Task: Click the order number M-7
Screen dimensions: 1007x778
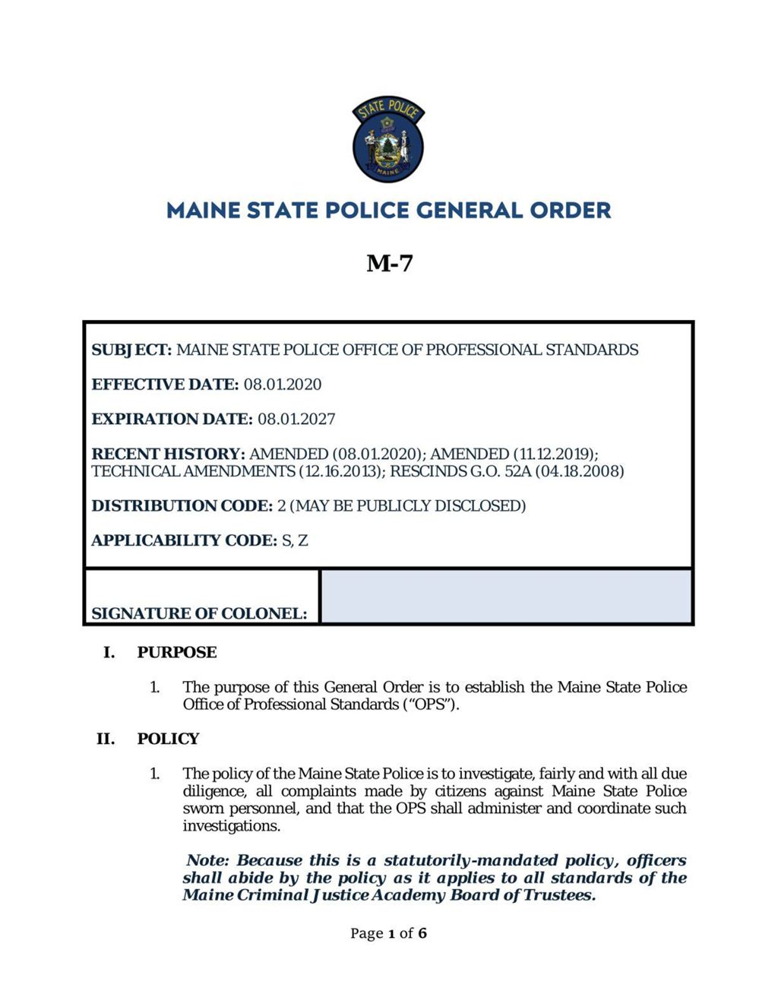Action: [389, 263]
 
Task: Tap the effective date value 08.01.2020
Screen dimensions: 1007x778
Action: [283, 385]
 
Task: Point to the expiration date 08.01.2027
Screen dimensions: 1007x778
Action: [296, 420]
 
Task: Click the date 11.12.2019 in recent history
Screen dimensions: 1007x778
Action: [554, 454]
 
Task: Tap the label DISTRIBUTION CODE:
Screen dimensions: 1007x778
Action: [182, 506]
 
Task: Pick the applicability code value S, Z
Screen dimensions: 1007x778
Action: [295, 541]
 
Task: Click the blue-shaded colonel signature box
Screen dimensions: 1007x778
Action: [506, 597]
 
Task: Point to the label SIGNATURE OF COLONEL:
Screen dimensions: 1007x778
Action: [199, 614]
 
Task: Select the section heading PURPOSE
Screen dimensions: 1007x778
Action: [177, 653]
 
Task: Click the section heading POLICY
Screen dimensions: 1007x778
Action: [168, 739]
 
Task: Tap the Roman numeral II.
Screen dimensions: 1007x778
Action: [106, 739]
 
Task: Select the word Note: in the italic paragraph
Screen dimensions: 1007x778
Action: [207, 861]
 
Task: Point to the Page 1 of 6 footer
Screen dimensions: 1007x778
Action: [388, 933]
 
